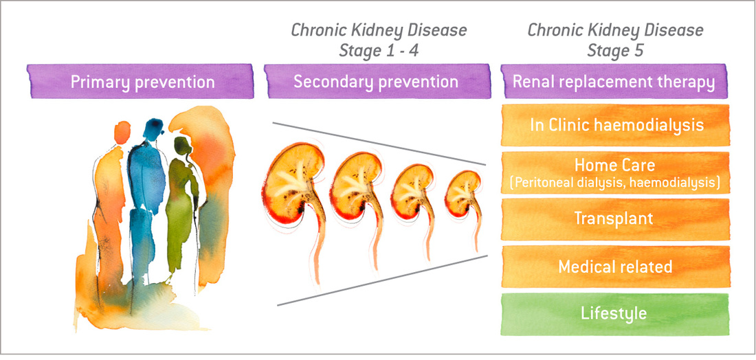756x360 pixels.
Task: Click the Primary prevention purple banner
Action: coord(142,82)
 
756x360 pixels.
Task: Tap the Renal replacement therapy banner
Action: coord(614,82)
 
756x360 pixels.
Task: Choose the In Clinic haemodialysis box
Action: coord(614,125)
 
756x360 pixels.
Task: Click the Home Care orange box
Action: coord(614,172)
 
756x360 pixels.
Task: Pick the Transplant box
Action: coord(614,219)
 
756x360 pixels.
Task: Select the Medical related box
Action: coord(614,267)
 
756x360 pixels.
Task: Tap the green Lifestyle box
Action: coord(614,314)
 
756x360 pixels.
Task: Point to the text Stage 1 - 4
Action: coord(379,52)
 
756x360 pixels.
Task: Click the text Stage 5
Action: coord(615,52)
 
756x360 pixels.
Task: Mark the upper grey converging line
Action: coord(378,144)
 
